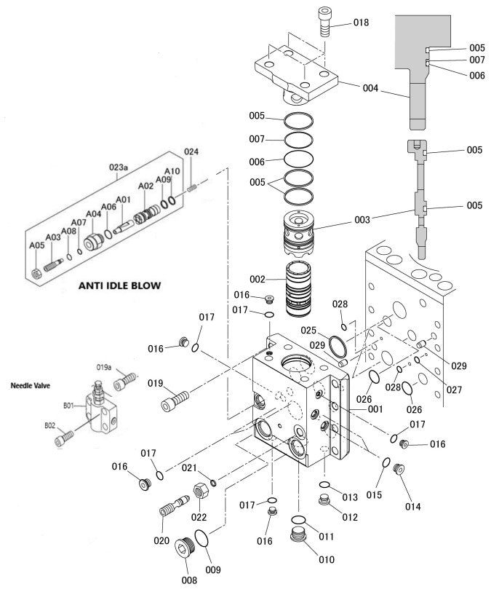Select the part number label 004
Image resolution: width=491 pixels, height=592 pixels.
(370, 88)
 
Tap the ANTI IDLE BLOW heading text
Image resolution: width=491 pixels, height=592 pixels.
(119, 285)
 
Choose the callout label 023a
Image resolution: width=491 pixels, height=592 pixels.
(119, 167)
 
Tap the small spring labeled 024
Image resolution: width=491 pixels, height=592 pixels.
(193, 188)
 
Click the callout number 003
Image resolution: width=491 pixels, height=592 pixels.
(361, 219)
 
